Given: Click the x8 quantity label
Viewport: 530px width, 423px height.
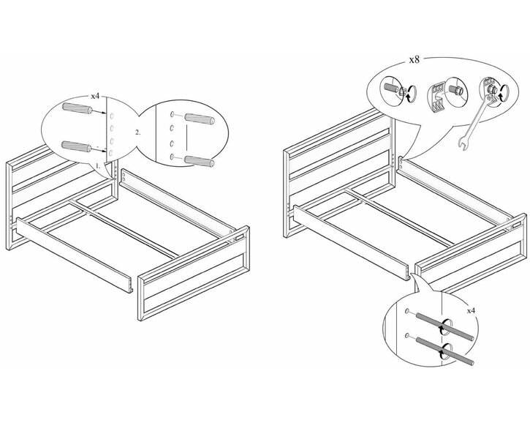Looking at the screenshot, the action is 414,60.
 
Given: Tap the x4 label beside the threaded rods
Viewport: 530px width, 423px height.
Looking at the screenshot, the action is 471,310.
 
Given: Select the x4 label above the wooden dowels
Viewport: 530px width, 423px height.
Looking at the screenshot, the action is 95,96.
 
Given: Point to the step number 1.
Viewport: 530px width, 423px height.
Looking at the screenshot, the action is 98,166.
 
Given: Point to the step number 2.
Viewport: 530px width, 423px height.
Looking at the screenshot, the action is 137,132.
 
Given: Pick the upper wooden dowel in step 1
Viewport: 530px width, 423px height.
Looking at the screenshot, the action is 77,109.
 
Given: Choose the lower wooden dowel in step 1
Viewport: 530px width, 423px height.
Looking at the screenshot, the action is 76,146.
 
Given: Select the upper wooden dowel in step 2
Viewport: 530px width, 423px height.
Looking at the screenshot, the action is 199,119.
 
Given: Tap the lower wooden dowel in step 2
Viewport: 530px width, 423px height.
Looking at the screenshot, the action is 199,162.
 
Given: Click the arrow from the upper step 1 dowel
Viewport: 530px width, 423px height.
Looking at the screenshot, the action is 99,112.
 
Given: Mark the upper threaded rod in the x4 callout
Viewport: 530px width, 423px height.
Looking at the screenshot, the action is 444,326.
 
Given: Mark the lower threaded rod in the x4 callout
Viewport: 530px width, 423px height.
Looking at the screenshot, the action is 444,351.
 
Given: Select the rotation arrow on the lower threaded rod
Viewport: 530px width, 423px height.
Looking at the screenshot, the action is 446,351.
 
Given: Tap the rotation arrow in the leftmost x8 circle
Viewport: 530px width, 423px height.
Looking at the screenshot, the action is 410,93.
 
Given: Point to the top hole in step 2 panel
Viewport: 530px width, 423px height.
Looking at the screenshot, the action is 173,114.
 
